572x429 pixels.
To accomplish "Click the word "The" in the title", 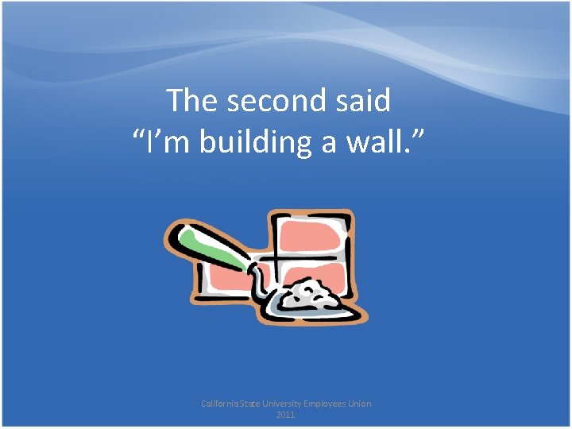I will coord(192,101).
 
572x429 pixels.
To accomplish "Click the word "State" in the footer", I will coord(259,404).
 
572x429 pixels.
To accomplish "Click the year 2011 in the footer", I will coord(286,415).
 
